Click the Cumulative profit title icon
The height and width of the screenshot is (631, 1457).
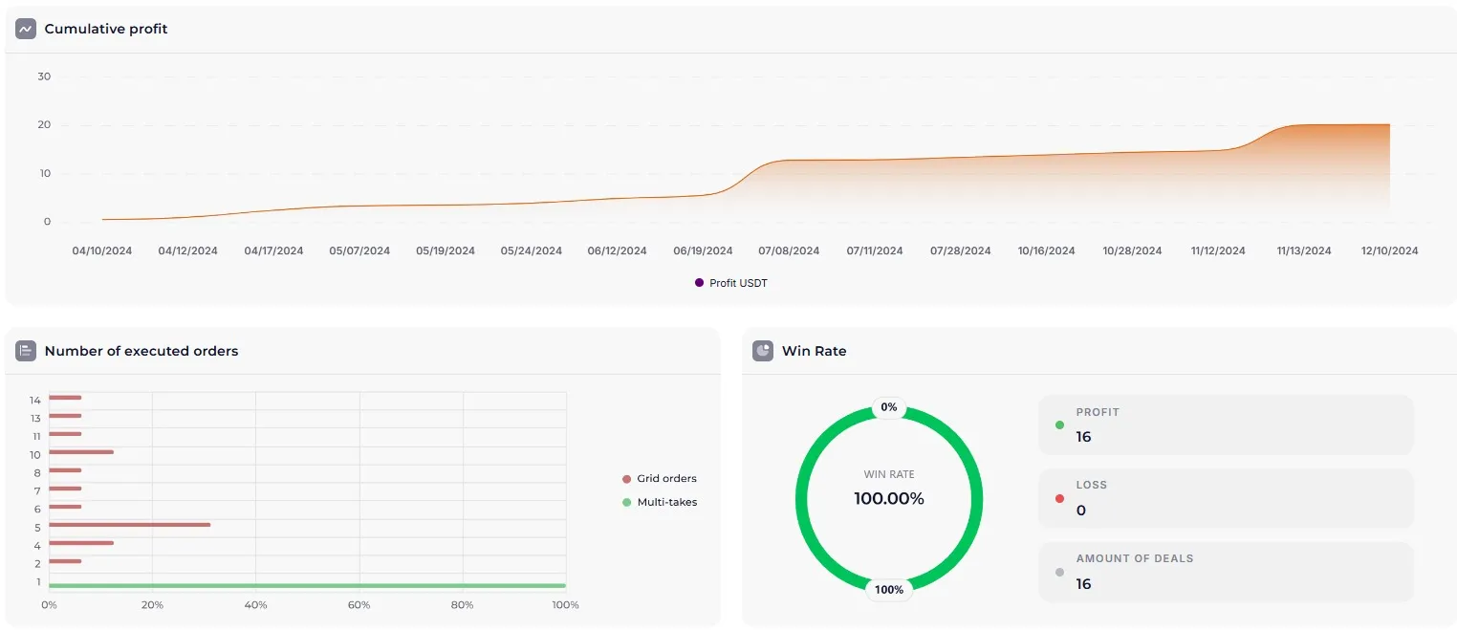click(x=26, y=29)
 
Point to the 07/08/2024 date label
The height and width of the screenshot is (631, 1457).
click(x=789, y=250)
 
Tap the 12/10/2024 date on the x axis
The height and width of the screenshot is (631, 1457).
click(x=1389, y=250)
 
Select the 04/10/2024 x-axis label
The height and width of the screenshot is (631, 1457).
click(x=102, y=250)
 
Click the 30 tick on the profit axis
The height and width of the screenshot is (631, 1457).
click(x=44, y=76)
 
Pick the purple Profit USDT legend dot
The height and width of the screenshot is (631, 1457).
click(x=699, y=283)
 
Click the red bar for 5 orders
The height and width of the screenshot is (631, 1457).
click(x=129, y=525)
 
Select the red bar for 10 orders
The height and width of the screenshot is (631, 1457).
click(x=81, y=452)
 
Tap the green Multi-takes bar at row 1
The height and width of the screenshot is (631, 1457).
click(x=307, y=585)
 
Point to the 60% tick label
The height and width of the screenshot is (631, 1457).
click(x=359, y=604)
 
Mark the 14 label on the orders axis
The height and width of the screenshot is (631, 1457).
click(x=35, y=400)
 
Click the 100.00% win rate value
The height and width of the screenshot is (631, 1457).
click(x=889, y=498)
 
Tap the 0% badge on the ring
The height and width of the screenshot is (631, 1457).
click(x=889, y=407)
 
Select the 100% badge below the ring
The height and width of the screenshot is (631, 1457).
click(x=889, y=590)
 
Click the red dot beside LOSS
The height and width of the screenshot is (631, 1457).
click(x=1059, y=498)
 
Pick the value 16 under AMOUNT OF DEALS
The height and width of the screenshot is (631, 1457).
click(x=1083, y=583)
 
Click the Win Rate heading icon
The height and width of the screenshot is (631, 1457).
click(x=763, y=351)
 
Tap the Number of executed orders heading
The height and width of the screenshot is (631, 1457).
click(x=141, y=351)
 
